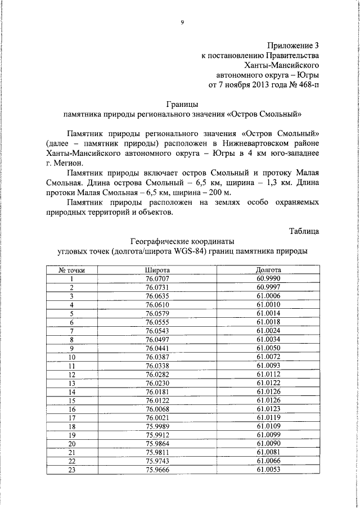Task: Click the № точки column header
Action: pos(72,270)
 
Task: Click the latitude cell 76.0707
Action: pos(157,278)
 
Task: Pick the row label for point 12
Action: pos(72,374)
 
